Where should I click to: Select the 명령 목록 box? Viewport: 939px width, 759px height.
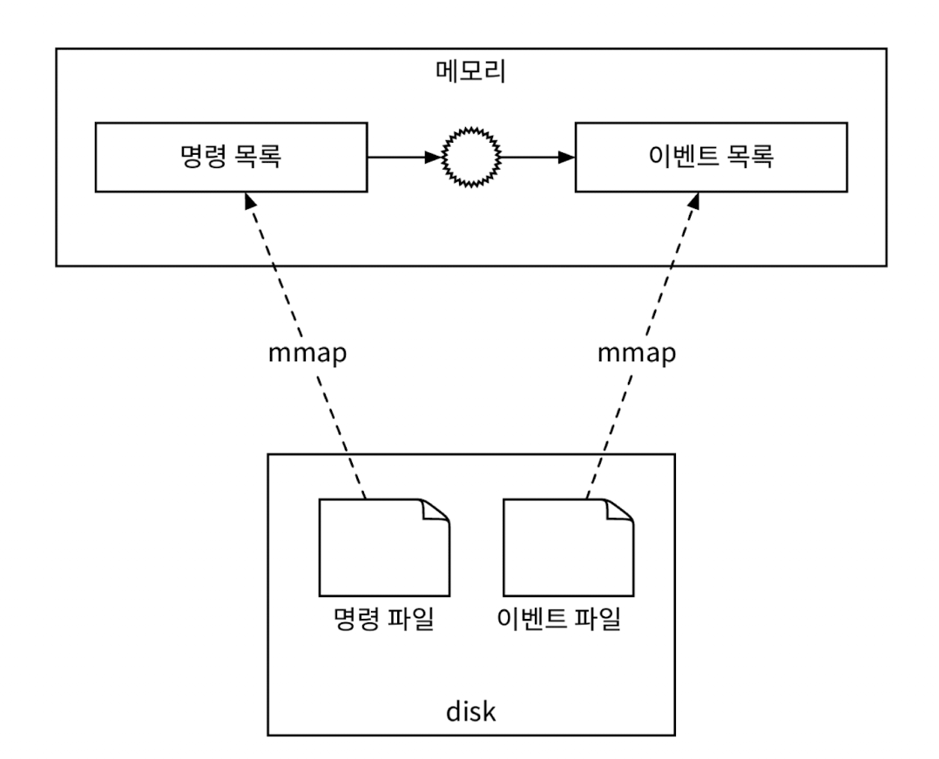coord(232,158)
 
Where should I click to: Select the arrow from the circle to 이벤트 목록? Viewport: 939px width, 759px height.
coord(536,158)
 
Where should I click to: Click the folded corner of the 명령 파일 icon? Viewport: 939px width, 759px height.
coord(436,513)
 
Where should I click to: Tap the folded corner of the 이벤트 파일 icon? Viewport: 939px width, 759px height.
coord(619,513)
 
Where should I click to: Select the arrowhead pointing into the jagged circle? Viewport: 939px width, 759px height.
coord(435,158)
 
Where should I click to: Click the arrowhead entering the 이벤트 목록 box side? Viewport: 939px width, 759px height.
coord(567,158)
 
